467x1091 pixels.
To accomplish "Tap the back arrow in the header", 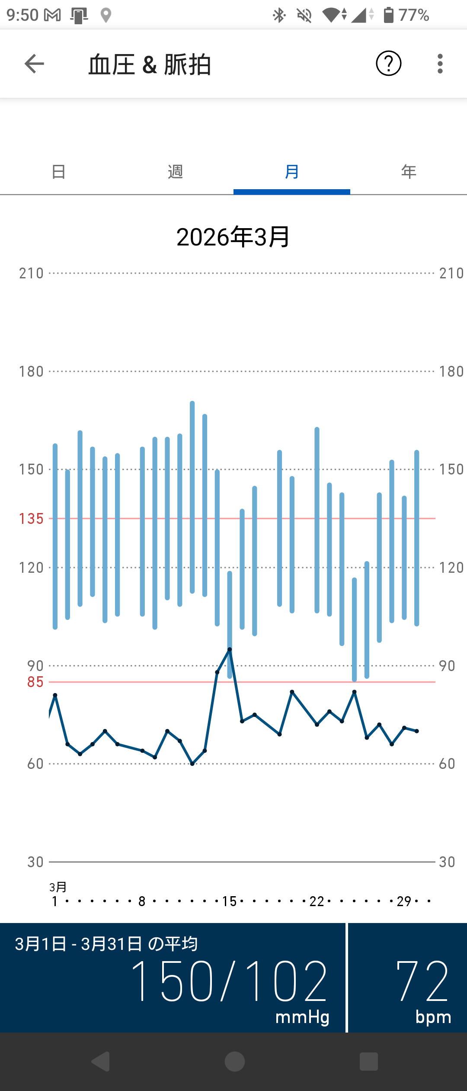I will point(34,64).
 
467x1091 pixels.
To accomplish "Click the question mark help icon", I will point(388,64).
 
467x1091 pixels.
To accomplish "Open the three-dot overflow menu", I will point(440,64).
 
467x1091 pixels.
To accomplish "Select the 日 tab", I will point(58,172).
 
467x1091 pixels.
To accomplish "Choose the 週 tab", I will point(175,172).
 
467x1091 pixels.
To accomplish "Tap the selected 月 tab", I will point(292,172).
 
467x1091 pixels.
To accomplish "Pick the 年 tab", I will point(409,172).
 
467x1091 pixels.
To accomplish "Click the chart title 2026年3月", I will point(233,237).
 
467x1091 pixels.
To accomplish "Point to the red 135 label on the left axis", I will point(31,519).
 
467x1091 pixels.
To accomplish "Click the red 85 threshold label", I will point(35,682).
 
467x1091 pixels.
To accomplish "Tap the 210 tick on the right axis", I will point(451,274).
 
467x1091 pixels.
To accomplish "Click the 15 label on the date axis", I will point(229,901).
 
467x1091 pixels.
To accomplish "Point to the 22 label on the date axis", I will point(317,901).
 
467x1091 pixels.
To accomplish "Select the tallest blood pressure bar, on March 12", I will point(192,497).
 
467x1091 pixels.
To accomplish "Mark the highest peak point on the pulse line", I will point(230,649).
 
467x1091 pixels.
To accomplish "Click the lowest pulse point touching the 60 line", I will point(192,764).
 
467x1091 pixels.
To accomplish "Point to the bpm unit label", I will point(433,1017).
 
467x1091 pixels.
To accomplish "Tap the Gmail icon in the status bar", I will point(52,16).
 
